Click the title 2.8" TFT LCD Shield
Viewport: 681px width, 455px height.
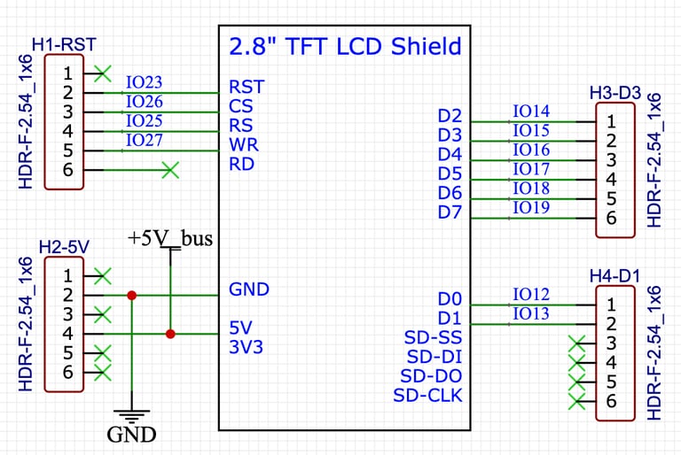[x=345, y=46]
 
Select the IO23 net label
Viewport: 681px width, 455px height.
[x=144, y=82]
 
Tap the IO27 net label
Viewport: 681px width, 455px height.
[x=144, y=140]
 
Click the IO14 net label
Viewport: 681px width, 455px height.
[x=531, y=112]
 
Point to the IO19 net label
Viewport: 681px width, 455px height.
[x=531, y=208]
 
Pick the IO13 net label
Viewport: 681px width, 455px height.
[x=531, y=313]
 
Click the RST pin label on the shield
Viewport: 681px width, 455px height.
[x=247, y=87]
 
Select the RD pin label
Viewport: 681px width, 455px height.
[x=242, y=164]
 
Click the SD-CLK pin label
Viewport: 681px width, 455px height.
[x=427, y=396]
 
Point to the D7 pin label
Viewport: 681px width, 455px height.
[x=450, y=212]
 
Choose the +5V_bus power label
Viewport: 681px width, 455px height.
[x=170, y=238]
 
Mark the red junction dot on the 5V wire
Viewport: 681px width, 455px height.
[x=170, y=334]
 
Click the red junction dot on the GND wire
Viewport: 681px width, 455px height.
[x=131, y=295]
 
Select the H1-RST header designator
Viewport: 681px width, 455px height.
[x=64, y=43]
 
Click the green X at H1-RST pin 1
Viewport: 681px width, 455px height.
[x=104, y=72]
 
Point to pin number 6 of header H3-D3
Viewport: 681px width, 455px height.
[x=611, y=218]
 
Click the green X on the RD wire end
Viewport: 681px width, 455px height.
[x=170, y=169]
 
